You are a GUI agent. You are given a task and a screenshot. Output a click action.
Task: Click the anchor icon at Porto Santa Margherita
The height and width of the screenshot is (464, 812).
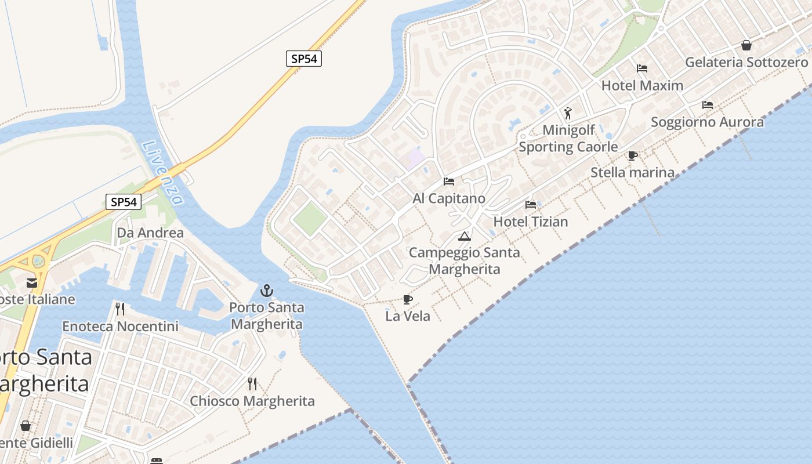coord(267,291)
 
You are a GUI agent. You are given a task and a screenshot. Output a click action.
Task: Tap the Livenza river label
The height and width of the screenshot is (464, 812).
coord(163,173)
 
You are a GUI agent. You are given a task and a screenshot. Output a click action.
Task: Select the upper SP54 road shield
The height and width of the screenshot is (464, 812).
coord(304,59)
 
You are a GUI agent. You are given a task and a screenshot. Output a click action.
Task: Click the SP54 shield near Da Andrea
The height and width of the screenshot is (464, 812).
coord(124,202)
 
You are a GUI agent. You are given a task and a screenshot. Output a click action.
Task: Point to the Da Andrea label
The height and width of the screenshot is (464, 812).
coord(150,233)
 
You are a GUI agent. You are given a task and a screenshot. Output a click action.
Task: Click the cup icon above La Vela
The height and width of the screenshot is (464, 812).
coord(408,300)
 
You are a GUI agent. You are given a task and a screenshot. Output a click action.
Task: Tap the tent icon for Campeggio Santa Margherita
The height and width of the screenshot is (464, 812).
coord(464,237)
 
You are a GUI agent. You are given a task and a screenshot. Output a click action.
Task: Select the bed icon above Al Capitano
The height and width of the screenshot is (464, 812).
coord(449,182)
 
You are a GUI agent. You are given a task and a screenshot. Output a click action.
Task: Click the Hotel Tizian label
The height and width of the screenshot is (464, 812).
coord(530,222)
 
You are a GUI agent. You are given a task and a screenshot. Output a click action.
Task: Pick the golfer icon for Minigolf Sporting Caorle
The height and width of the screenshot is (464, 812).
coord(568,113)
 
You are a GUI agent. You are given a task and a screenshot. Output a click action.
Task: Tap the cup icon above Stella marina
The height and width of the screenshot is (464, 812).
coord(633,155)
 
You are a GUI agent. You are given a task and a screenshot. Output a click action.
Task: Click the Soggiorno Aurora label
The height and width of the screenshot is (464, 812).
coord(707,122)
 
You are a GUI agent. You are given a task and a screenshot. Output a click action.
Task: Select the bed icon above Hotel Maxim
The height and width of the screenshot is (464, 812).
coord(642,68)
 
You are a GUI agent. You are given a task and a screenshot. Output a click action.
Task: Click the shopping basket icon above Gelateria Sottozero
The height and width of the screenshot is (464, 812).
coord(746,45)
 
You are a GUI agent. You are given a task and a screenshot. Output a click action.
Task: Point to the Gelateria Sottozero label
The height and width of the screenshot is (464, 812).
coord(746,62)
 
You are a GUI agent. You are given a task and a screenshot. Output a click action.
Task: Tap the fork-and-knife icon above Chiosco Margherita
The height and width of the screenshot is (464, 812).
coord(252,384)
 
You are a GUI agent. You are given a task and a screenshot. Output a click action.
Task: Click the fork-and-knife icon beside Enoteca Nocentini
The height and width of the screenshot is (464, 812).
coord(120,309)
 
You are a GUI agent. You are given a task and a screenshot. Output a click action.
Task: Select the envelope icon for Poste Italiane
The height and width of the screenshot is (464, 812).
coord(32,283)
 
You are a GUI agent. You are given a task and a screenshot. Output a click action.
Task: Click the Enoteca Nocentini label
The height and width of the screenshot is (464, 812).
coord(120,327)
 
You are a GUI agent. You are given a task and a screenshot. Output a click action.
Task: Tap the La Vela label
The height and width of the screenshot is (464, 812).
coord(408,316)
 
